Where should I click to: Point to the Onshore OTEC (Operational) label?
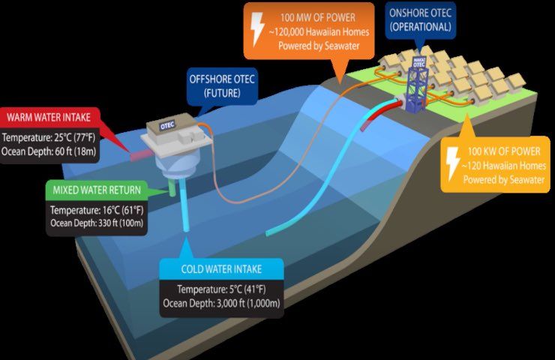[419, 19]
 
